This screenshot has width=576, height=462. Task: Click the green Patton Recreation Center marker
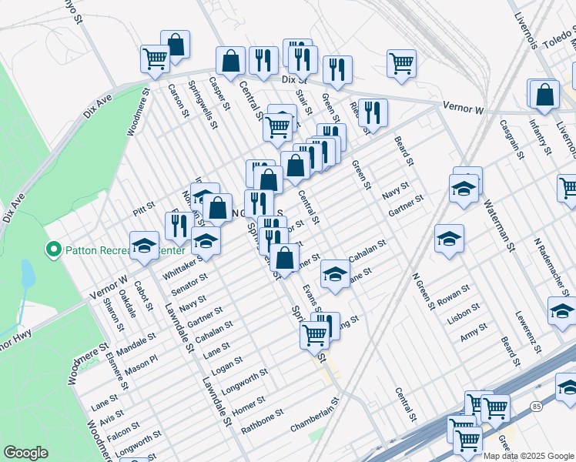[53, 249]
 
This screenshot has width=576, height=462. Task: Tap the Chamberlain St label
[314, 414]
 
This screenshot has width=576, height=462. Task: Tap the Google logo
[26, 453]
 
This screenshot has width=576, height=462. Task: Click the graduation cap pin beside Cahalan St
[335, 275]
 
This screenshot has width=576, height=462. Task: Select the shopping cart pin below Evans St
[314, 336]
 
